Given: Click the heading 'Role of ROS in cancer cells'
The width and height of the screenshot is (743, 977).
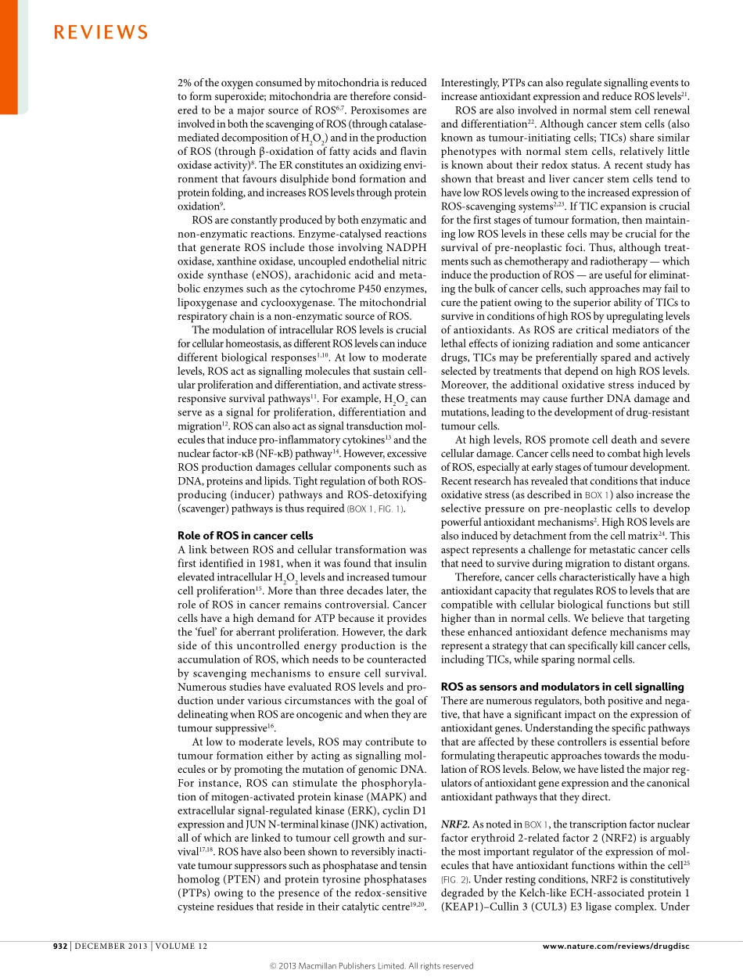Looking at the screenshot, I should pos(246,536).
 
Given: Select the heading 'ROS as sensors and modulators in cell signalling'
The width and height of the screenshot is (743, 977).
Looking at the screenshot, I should pos(562,687).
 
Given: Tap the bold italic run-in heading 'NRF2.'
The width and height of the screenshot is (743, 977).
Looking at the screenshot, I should pos(455,824).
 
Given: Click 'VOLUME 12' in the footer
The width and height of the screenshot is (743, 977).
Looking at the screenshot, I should pos(181,946).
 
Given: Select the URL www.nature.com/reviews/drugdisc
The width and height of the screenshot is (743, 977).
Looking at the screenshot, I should pos(616,946).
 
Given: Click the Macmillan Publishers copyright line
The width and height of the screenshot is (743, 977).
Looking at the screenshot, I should pos(371,966).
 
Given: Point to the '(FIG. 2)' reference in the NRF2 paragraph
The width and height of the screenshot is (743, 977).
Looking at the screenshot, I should pos(456,879).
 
